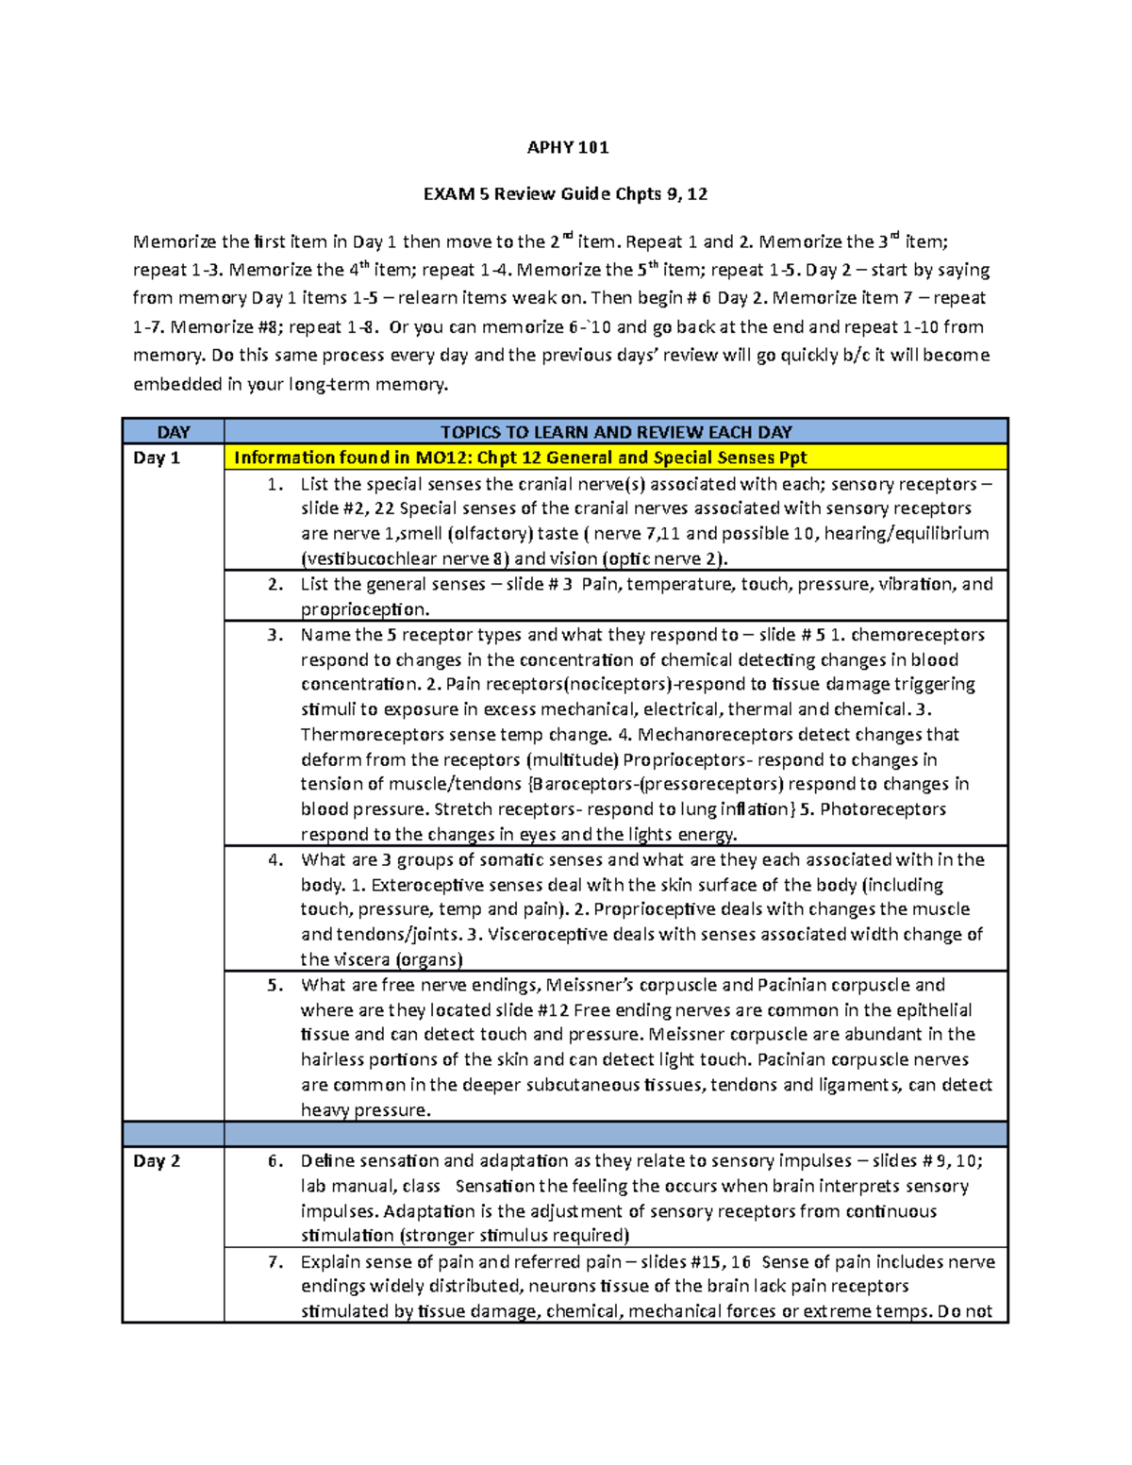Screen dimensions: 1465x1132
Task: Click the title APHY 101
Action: click(x=567, y=147)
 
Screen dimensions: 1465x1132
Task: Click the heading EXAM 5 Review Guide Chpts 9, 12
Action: click(x=565, y=194)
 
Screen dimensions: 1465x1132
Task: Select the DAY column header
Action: click(x=174, y=432)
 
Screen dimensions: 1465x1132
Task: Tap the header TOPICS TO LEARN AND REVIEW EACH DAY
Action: click(x=616, y=432)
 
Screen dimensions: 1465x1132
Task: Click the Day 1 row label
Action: click(x=157, y=458)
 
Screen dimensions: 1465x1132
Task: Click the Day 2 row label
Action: click(x=157, y=1161)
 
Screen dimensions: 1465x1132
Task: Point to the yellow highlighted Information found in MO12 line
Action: click(x=520, y=458)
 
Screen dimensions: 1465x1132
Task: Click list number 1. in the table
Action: click(x=275, y=484)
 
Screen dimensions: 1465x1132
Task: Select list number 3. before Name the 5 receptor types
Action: click(x=275, y=635)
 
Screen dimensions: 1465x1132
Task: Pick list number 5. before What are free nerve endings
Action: click(x=275, y=985)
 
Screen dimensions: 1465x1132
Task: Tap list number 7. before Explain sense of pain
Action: click(x=275, y=1262)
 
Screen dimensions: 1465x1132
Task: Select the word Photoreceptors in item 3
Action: click(x=883, y=809)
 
